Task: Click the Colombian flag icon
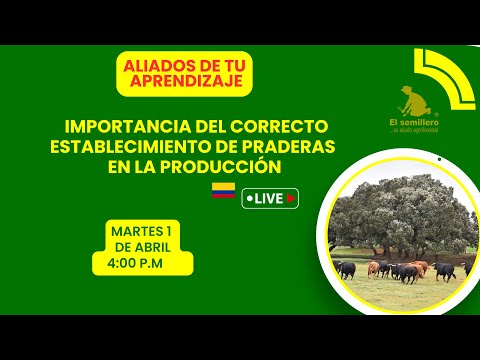[222, 190]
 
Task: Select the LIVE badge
[270, 198]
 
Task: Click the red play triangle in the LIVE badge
[290, 198]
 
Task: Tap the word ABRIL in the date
[158, 246]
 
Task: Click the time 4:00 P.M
[142, 263]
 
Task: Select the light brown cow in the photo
[374, 267]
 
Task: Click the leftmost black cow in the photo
[345, 269]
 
